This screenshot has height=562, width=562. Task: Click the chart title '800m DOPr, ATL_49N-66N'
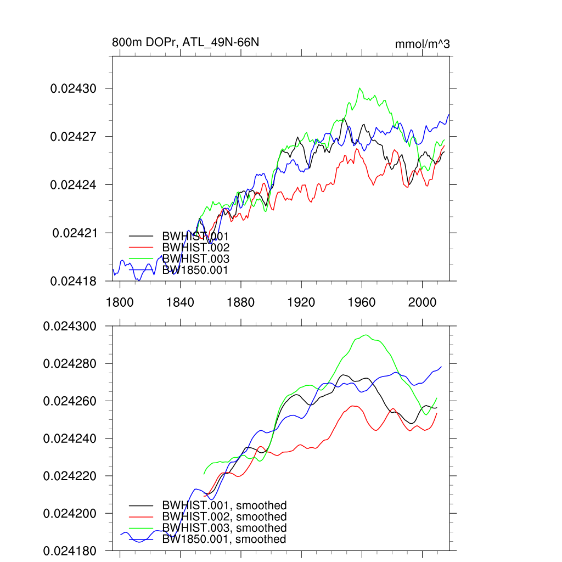coord(182,43)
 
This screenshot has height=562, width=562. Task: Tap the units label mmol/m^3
coord(422,44)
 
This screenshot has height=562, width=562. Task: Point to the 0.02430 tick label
coord(74,88)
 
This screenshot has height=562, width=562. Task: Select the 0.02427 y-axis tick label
coord(74,137)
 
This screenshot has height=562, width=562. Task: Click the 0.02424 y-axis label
coord(74,185)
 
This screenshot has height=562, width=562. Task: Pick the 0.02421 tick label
coord(75,233)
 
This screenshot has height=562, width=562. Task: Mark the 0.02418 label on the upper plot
coord(74,282)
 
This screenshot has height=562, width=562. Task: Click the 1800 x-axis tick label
coord(120,302)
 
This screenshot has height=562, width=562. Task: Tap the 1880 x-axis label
coord(241,302)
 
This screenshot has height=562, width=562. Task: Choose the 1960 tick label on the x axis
coord(362,302)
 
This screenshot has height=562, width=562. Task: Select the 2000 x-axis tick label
coord(423,302)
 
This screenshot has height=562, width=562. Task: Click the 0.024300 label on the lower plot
coord(70,327)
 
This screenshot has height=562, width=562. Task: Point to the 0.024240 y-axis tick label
coord(70,439)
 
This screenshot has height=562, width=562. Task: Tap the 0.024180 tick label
coord(70,551)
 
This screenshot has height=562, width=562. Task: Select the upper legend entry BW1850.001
coord(195,270)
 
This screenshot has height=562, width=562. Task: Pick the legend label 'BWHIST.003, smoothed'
coord(224,528)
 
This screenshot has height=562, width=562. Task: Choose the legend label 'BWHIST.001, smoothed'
coord(224,505)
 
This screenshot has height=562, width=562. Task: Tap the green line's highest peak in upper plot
coord(360,88)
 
